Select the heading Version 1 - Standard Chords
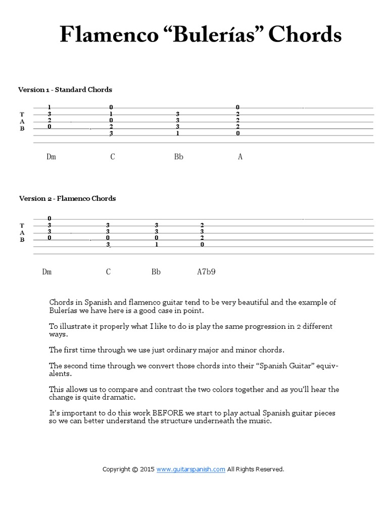click(x=65, y=90)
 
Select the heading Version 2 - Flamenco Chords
click(x=67, y=198)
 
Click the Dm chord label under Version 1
click(x=51, y=157)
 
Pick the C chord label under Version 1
click(x=113, y=157)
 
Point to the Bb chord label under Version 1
click(x=179, y=157)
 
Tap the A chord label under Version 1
click(x=240, y=157)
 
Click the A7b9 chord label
click(x=206, y=272)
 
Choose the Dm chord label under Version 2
click(x=47, y=272)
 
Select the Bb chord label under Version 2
click(x=156, y=272)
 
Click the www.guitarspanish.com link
click(x=190, y=469)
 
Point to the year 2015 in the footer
click(x=147, y=469)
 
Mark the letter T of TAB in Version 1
click(x=22, y=114)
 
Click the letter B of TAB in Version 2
click(x=22, y=239)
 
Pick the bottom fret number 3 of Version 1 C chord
click(x=111, y=134)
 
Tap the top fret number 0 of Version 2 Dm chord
click(x=50, y=219)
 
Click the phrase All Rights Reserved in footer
click(x=255, y=469)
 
